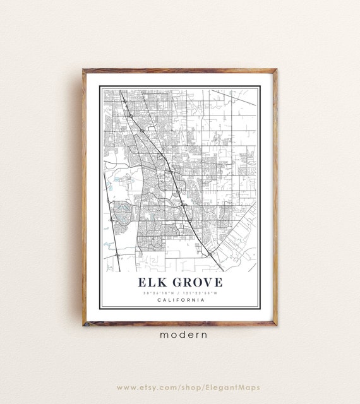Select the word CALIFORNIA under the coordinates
point(180,300)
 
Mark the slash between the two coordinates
point(181,292)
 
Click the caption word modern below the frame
point(180,335)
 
